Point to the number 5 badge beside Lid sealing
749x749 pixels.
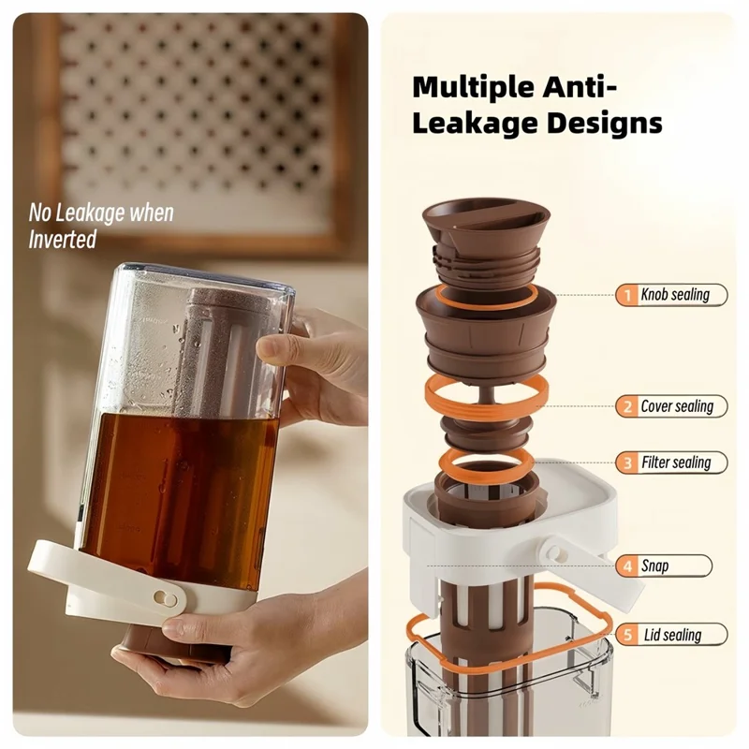(x=627, y=635)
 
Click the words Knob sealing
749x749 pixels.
(x=675, y=295)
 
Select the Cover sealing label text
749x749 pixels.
(x=677, y=406)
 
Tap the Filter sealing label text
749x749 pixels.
(x=676, y=463)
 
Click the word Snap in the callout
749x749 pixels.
(x=655, y=565)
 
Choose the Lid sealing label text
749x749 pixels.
(x=672, y=635)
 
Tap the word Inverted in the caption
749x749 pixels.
(x=62, y=240)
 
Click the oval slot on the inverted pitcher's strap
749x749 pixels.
(x=165, y=596)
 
